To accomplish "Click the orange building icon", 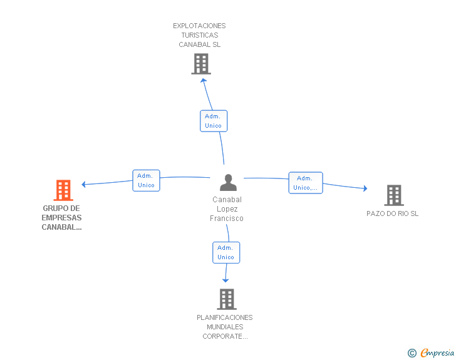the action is (63, 190).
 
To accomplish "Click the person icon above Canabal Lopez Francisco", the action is (228, 182).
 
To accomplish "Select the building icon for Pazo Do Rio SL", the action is (394, 195).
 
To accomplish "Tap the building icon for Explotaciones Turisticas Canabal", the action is (201, 64).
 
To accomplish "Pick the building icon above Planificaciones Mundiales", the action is (227, 299).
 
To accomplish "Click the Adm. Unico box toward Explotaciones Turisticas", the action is (214, 121).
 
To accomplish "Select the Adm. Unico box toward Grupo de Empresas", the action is (146, 180).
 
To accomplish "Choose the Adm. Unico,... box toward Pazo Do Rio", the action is (306, 183).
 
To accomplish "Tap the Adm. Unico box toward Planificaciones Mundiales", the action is (226, 252).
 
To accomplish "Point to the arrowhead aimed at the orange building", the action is (83, 184).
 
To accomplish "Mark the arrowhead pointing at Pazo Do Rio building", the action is (365, 188).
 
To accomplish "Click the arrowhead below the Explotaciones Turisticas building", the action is (204, 80).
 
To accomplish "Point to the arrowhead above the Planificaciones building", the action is (225, 280).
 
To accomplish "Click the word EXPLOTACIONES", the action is (199, 26).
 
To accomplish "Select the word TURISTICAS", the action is (199, 35).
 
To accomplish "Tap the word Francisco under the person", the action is (227, 219).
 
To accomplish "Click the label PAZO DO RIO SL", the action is (392, 213).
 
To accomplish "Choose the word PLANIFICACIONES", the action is (224, 317).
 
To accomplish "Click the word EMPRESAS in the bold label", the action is (61, 218).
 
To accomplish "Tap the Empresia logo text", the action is (437, 352).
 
